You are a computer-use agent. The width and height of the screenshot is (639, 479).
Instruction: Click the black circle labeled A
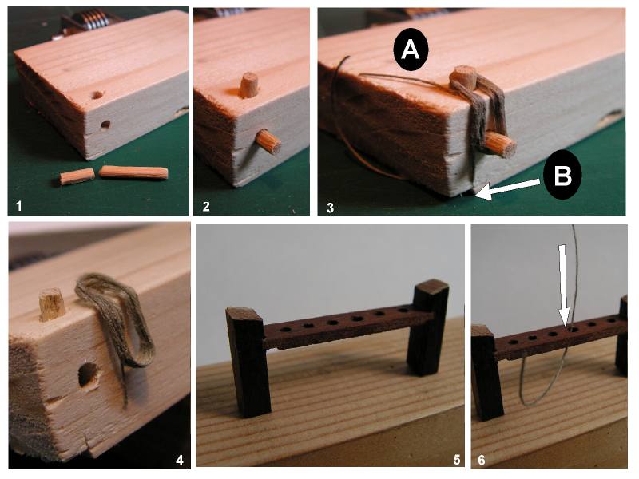[x=411, y=49]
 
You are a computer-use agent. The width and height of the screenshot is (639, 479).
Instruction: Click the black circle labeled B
[x=562, y=175]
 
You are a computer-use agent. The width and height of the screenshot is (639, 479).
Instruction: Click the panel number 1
[x=18, y=206]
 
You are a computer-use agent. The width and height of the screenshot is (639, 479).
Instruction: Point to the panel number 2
[x=206, y=206]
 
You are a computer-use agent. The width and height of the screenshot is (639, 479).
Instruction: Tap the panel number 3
[x=330, y=208]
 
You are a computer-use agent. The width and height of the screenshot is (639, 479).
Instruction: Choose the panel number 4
[x=179, y=461]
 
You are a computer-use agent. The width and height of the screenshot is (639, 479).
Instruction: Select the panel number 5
[x=456, y=460]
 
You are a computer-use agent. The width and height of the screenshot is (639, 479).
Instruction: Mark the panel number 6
[x=482, y=460]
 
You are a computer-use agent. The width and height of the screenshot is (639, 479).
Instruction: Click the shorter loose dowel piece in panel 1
[x=77, y=176]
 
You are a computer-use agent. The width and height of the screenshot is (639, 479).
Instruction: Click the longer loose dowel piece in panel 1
[x=133, y=172]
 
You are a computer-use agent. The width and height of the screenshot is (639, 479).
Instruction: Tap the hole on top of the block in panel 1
[x=97, y=95]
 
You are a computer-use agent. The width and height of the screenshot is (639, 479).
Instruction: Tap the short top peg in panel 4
[x=52, y=304]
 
